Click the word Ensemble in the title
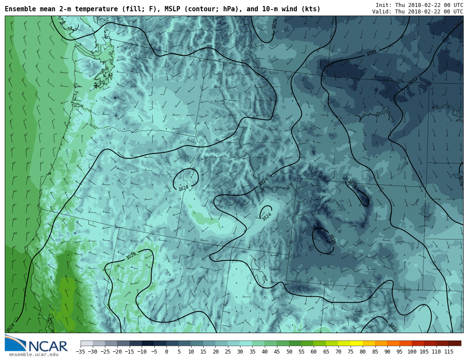(x=20, y=9)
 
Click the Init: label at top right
(x=384, y=5)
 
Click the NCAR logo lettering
(x=48, y=346)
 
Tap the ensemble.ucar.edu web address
(x=33, y=355)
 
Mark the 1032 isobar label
(x=413, y=81)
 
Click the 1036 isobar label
(x=460, y=181)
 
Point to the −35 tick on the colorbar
(x=80, y=352)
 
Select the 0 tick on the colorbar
(x=166, y=352)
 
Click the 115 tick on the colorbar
(x=448, y=352)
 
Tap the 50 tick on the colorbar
(x=289, y=352)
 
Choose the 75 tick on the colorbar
(x=351, y=352)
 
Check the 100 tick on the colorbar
(x=412, y=352)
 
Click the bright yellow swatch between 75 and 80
(x=357, y=344)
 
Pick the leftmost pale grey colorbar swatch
(x=87, y=344)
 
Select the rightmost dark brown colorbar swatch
(x=455, y=344)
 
